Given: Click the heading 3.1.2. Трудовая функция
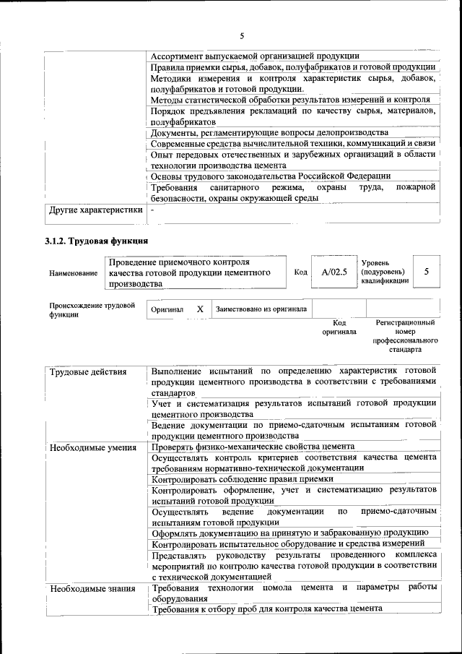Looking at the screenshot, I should coord(97,241).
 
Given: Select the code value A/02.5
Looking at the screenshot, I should coord(334,272).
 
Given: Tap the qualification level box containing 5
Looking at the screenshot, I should coord(427,272).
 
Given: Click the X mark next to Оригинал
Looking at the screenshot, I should coord(200,309).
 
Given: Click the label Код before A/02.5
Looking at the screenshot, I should coord(301,272).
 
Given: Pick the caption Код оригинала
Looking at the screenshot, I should coord(339,327).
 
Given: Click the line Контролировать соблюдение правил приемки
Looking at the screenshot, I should coord(243,478).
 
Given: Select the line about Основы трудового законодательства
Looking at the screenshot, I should coord(271,176).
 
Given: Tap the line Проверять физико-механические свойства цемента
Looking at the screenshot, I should coord(253,447).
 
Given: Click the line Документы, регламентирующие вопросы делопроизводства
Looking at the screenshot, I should coord(270,133).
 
